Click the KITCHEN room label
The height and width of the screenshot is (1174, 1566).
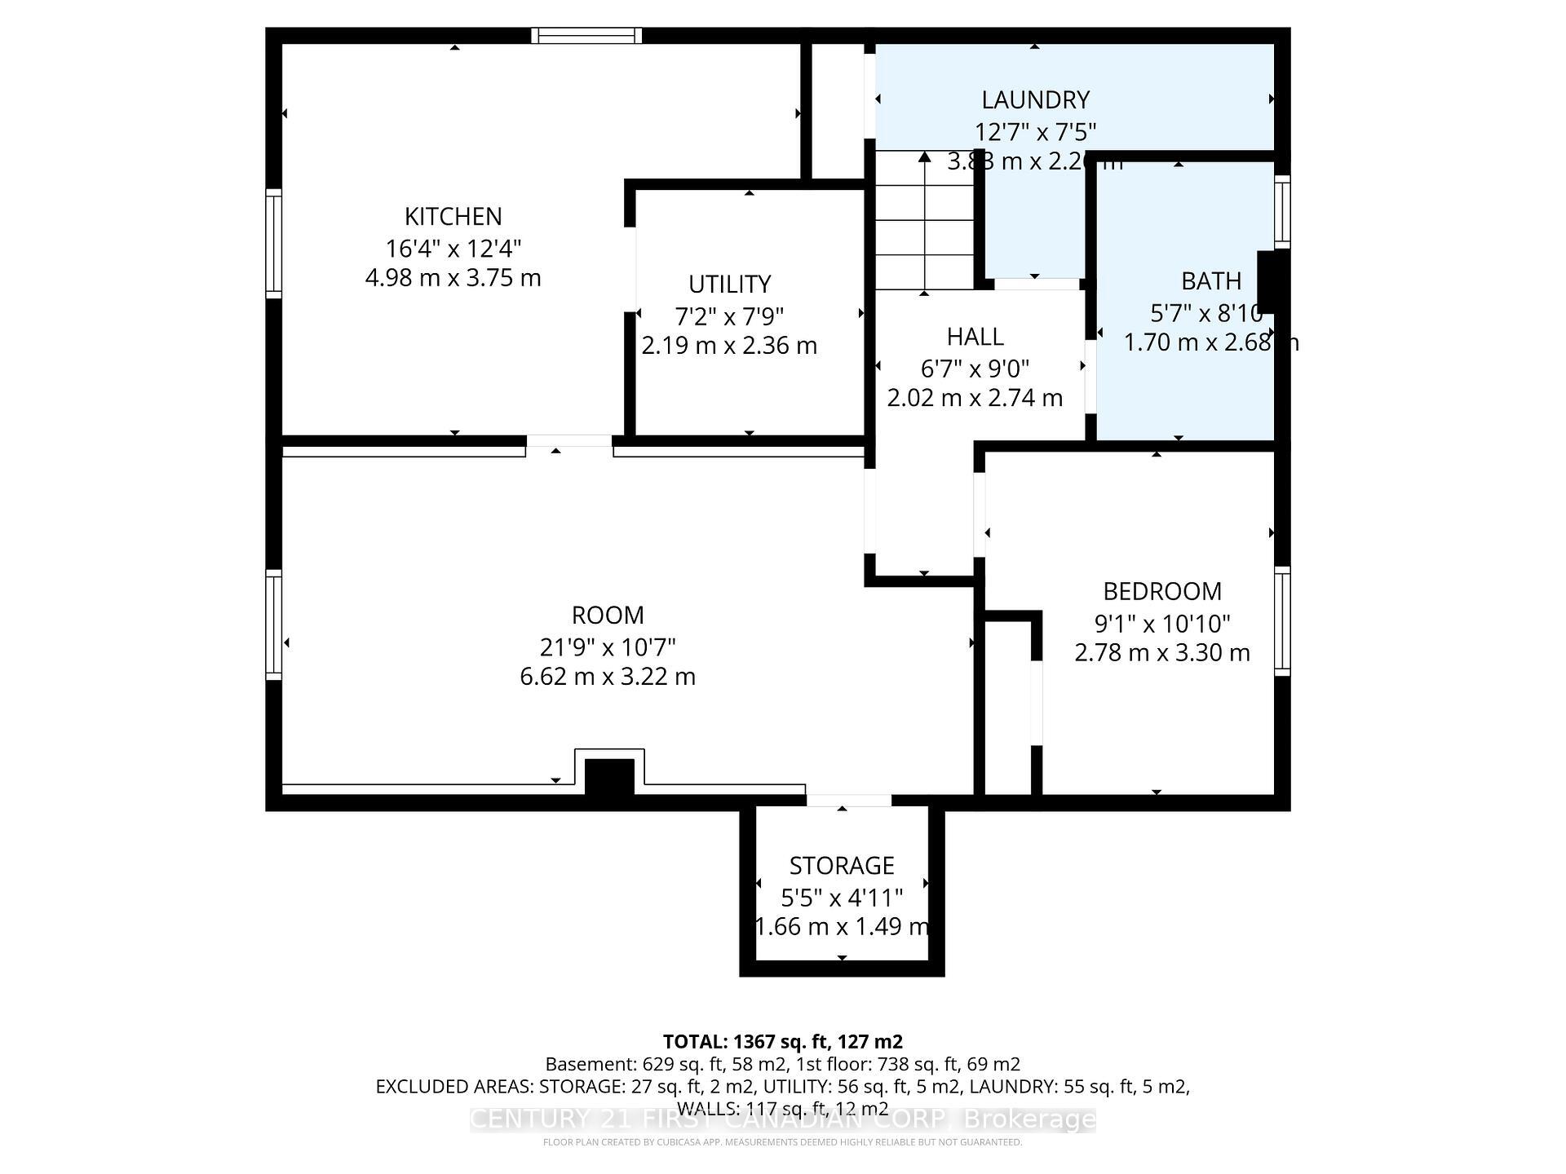(453, 216)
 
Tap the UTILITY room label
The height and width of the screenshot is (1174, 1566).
(729, 284)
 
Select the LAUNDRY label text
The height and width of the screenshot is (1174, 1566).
(1035, 99)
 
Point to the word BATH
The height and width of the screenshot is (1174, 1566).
(1211, 280)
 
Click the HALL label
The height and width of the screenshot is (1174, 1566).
(975, 336)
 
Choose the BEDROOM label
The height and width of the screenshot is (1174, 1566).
(1161, 590)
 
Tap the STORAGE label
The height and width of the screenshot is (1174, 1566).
(841, 865)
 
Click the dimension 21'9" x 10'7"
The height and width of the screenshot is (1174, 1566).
(608, 647)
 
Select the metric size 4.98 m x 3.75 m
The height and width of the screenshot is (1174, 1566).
(453, 278)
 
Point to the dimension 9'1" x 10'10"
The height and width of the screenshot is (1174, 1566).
(1161, 624)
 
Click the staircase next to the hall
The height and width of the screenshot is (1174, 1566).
(924, 220)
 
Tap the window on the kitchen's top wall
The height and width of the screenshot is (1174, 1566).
(586, 35)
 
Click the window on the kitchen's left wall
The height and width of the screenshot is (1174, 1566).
(273, 243)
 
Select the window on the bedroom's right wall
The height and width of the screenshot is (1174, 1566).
(1282, 620)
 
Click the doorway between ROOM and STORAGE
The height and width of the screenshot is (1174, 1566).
(848, 800)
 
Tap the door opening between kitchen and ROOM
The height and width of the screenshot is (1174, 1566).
(568, 441)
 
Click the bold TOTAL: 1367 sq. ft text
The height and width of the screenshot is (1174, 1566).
(782, 1041)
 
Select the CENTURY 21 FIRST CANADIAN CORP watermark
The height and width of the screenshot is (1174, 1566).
(782, 1119)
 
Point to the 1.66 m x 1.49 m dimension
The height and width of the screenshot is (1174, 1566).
(841, 927)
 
